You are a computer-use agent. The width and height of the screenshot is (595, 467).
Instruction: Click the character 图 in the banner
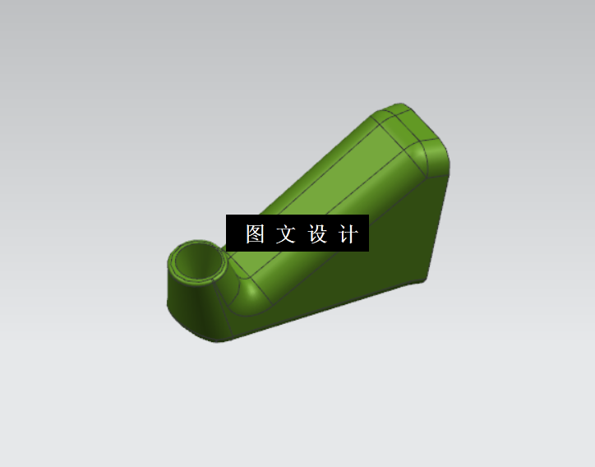(255, 234)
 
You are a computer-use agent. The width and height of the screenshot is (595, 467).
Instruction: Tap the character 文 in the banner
(285, 234)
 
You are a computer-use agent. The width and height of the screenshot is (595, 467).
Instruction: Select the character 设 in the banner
(317, 234)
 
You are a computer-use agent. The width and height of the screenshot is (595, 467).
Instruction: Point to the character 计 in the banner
(348, 234)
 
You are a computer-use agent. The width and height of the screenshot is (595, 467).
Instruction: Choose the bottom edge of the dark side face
(329, 308)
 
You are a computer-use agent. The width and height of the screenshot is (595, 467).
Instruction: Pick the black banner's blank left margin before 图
(234, 234)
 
